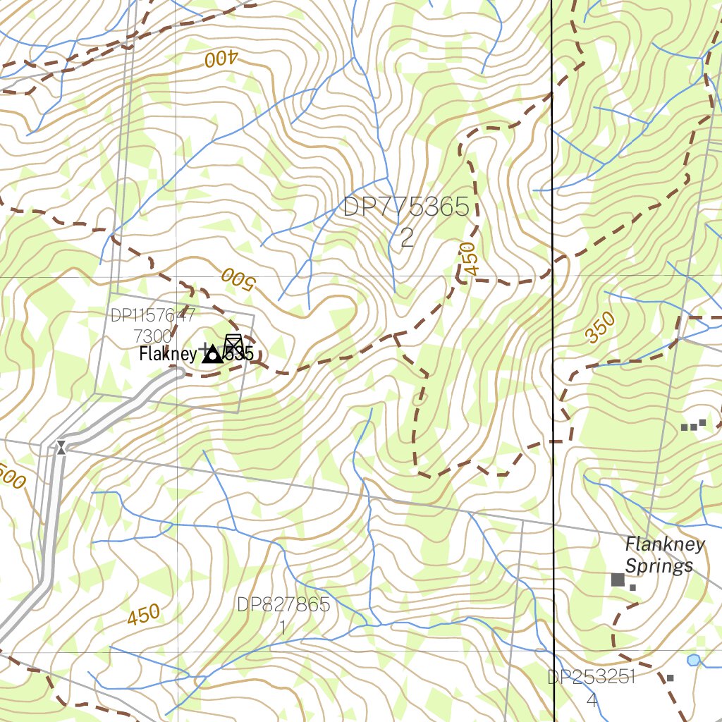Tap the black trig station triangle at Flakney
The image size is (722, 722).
point(211,356)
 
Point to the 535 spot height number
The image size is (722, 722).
point(240,355)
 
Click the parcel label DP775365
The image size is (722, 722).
point(406,207)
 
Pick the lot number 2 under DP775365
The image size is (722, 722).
point(407,238)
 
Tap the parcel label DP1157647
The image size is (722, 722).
point(152,315)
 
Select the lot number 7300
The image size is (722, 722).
point(152,335)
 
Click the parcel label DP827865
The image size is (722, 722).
point(283,605)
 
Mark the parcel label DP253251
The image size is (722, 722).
point(592,678)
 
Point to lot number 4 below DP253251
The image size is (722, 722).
point(592,700)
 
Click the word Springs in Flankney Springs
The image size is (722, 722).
point(659,566)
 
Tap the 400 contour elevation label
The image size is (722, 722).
point(220,59)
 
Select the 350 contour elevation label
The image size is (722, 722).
point(601,329)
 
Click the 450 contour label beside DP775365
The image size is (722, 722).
point(467,259)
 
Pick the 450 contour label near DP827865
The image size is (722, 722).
point(144,616)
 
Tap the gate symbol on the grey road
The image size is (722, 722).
point(61,446)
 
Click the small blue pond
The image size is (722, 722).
point(694,660)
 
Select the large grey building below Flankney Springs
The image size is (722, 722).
point(618,580)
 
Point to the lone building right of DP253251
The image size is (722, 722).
point(670,678)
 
